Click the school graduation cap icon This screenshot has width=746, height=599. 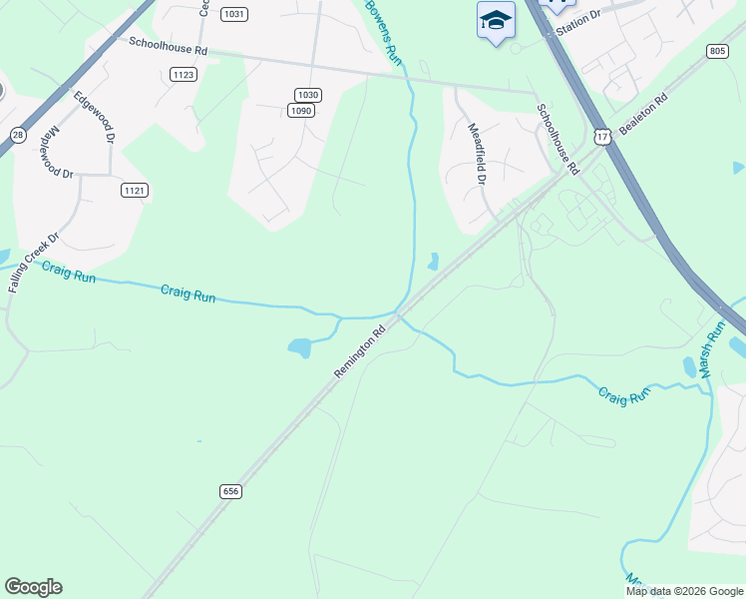click(495, 21)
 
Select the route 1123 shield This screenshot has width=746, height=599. click(184, 74)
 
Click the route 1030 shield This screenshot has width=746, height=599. click(308, 95)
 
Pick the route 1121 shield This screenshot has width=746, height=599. click(135, 190)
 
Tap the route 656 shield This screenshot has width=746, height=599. click(231, 491)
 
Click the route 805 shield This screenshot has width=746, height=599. click(717, 51)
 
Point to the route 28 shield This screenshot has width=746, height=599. click(18, 135)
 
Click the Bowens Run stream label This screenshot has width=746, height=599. click(384, 31)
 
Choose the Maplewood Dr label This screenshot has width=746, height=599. click(61, 152)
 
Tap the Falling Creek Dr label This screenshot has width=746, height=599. click(35, 262)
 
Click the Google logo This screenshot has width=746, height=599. click(33, 587)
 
